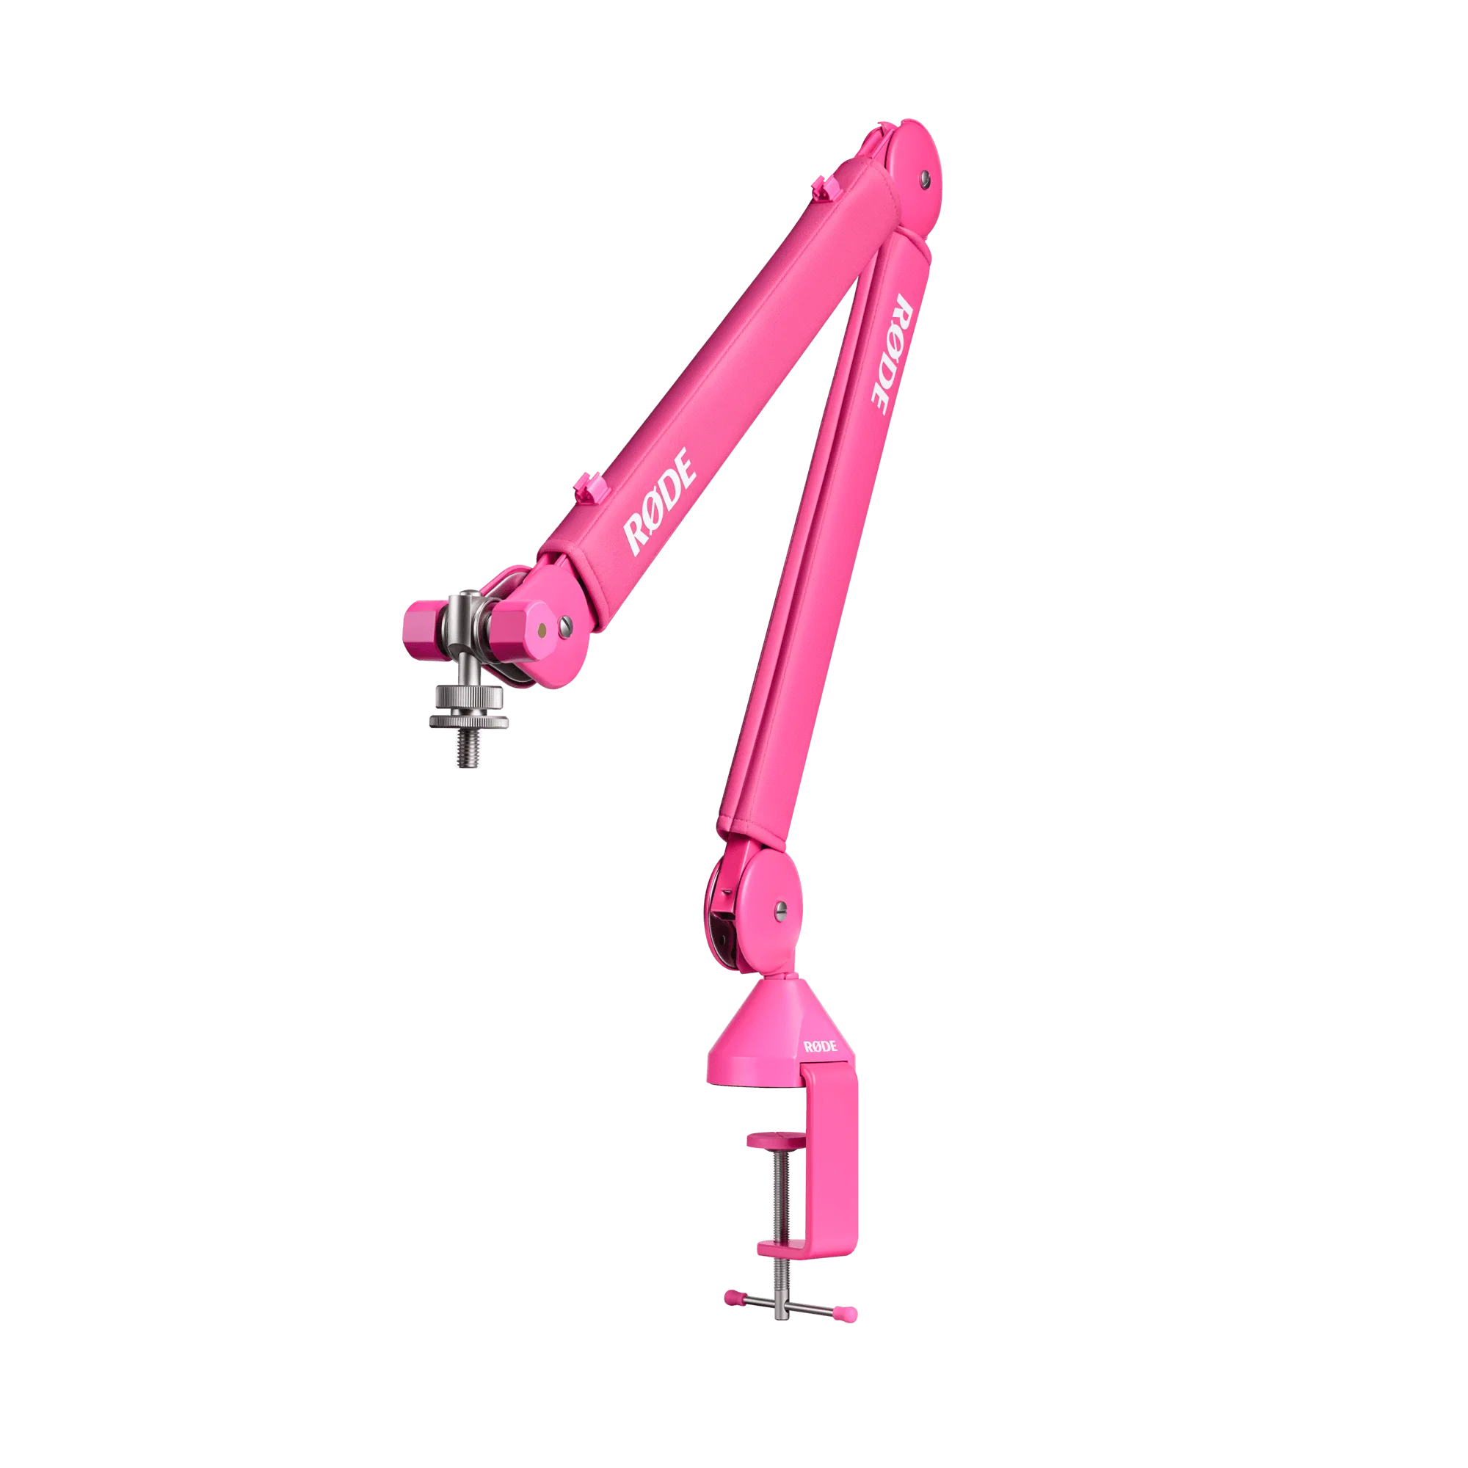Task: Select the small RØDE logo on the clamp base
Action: tap(821, 1046)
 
